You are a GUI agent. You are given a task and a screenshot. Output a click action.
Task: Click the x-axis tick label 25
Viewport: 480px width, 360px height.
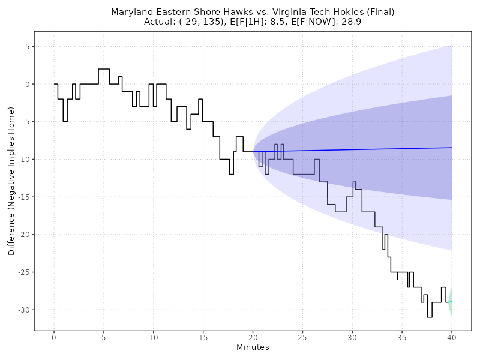pos(302,338)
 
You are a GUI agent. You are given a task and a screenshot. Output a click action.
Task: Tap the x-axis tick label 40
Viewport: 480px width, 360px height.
pos(451,338)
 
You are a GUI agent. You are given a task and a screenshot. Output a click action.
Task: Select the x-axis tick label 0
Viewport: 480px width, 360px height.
pos(54,338)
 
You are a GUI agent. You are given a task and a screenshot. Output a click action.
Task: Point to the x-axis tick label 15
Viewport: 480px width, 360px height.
pos(203,338)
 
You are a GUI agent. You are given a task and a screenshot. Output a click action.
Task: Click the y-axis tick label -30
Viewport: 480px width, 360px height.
pos(23,310)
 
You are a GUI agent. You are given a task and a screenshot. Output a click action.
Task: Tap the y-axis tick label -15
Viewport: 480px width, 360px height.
pos(23,197)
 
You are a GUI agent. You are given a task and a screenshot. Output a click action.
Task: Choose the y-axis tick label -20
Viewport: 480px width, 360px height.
pos(23,235)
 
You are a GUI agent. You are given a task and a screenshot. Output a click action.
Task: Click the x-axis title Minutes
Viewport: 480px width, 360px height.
pos(253,348)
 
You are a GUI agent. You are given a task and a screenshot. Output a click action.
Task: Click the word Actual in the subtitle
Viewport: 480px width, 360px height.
pos(159,22)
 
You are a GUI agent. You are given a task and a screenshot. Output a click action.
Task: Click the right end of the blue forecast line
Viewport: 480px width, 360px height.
pos(451,148)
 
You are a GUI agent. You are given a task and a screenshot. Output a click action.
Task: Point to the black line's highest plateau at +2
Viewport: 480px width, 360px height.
pos(104,69)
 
